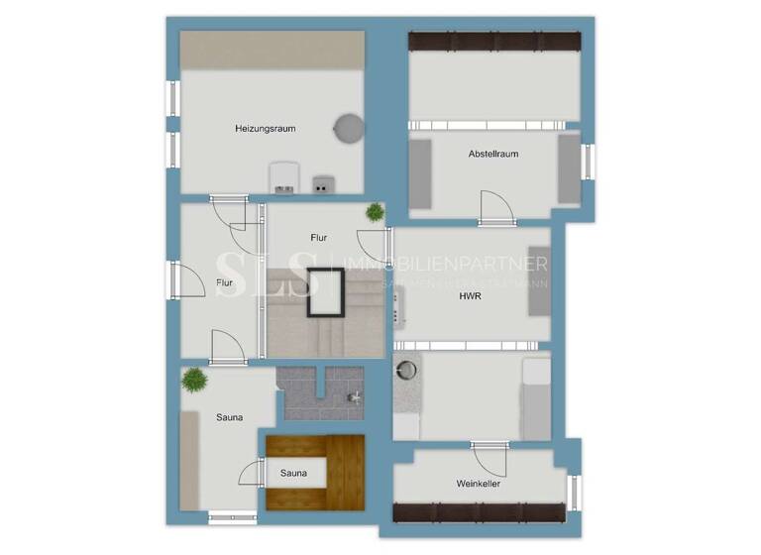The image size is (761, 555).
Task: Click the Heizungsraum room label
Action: (266, 128)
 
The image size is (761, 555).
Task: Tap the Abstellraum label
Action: (493, 154)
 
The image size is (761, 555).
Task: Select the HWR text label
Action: (471, 295)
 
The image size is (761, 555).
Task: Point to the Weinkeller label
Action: (478, 484)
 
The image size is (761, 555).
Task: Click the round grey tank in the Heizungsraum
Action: (348, 128)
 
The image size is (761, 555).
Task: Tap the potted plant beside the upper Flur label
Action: (375, 212)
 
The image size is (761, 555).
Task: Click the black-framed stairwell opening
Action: (324, 293)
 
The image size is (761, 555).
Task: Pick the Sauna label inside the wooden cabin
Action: (293, 473)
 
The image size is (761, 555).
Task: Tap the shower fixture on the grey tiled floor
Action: (354, 397)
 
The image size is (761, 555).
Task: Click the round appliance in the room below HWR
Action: (407, 370)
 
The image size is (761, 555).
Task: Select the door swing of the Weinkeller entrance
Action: (489, 459)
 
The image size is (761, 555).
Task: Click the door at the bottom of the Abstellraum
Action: (496, 208)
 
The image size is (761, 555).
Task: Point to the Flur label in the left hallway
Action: (225, 283)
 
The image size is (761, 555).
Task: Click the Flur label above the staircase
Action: (319, 238)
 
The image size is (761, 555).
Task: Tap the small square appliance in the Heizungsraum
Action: (323, 183)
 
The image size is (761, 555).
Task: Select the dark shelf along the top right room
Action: (494, 42)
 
